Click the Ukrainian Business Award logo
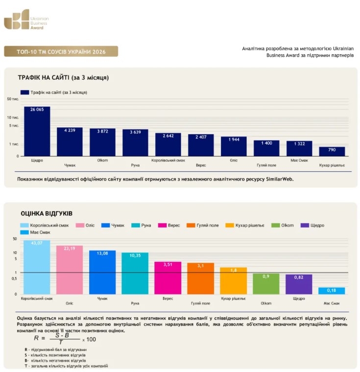[26, 20]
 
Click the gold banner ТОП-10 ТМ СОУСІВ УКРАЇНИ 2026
[61, 51]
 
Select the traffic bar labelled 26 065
[37, 131]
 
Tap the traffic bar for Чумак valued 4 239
[70, 141]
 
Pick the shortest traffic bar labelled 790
[332, 151]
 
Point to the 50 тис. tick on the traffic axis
[13, 99]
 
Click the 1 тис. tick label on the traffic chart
[14, 144]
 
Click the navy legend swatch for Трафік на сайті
[24, 93]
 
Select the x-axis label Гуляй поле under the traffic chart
[266, 165]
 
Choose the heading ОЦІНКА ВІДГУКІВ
[47, 213]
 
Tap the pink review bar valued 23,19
[70, 270]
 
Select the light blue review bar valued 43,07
[37, 267]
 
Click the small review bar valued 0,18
[332, 291]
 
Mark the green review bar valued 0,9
[266, 284]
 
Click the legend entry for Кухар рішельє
[245, 225]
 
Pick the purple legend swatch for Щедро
[305, 225]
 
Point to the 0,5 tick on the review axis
[14, 279]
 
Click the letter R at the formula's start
[36, 338]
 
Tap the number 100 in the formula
[91, 340]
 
